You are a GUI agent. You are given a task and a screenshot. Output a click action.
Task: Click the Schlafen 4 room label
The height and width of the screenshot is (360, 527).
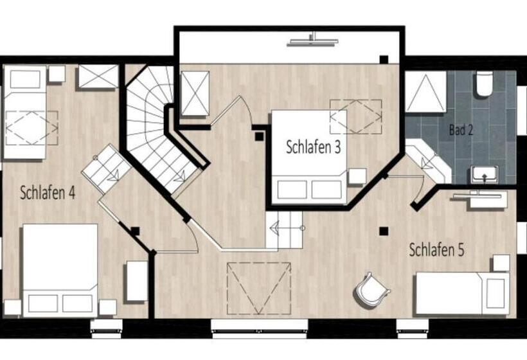point(48,192)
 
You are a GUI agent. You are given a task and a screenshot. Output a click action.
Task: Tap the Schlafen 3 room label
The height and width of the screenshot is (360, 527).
point(313,147)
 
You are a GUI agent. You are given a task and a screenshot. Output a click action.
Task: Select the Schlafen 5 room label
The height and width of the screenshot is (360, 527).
point(436,250)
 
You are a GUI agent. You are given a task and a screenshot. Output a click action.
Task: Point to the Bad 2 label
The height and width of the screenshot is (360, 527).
point(461,130)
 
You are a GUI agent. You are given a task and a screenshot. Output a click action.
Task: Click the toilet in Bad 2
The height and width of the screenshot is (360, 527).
point(483,85)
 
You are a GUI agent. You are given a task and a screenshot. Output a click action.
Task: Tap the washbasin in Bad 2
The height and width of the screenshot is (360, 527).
point(484,174)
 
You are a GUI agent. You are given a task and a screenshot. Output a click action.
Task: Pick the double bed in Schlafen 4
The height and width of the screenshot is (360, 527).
point(60,269)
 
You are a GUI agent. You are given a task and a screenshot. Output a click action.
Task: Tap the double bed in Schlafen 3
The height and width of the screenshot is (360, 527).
point(308,157)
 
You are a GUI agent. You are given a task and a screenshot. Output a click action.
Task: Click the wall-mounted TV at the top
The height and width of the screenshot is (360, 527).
point(313,41)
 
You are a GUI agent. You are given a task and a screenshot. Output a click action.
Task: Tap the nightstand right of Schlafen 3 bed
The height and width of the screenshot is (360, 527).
point(357,176)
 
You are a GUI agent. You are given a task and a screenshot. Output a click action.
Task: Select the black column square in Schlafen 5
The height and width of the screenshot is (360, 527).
point(384,231)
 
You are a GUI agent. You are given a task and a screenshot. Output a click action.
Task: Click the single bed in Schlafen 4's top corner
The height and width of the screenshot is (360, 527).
point(25,113)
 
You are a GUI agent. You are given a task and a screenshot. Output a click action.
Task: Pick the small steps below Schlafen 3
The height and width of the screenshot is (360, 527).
point(284,228)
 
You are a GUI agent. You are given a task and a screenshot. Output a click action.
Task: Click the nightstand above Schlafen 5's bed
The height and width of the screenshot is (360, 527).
point(501,262)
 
